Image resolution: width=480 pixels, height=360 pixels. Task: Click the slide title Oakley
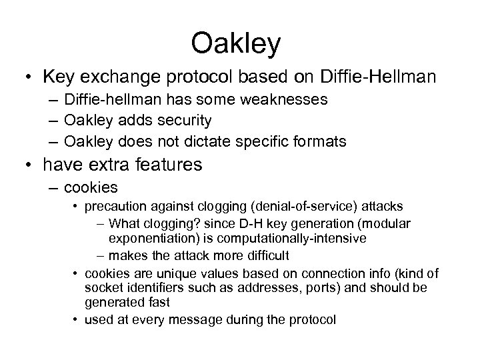click(236, 43)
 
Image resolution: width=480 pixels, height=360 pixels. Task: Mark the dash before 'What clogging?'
click(100, 224)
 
